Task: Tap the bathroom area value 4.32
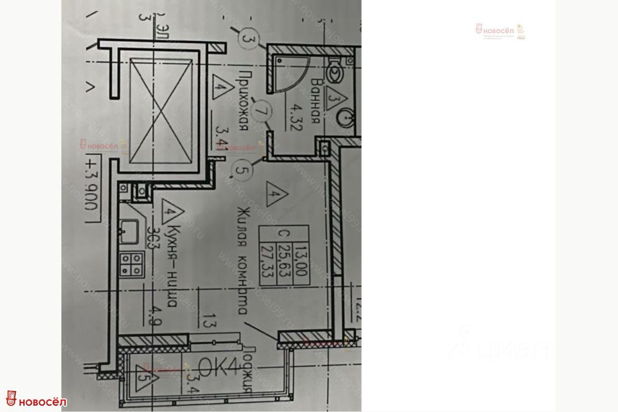click(x=297, y=117)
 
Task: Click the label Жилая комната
click(x=243, y=260)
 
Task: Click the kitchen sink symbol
click(x=128, y=231)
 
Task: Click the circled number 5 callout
click(x=242, y=169)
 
